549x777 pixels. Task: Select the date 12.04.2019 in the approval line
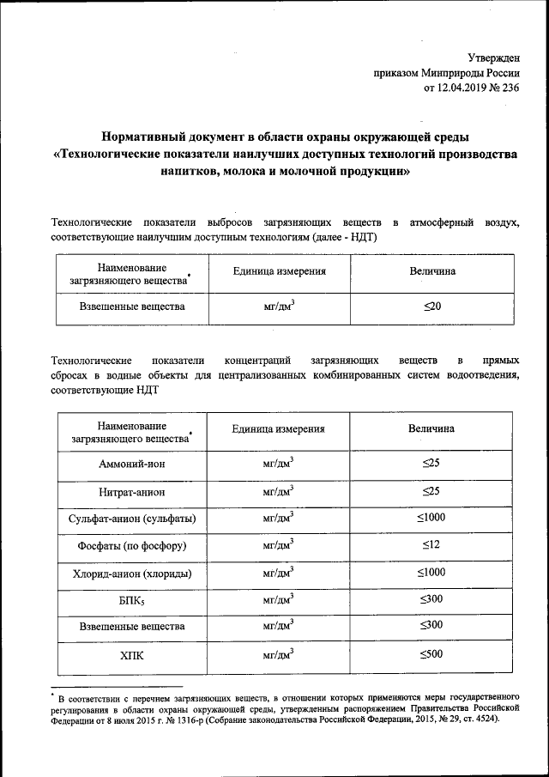[x=464, y=87]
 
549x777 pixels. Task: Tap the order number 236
[x=510, y=87]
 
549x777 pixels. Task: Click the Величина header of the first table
[x=432, y=272]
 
